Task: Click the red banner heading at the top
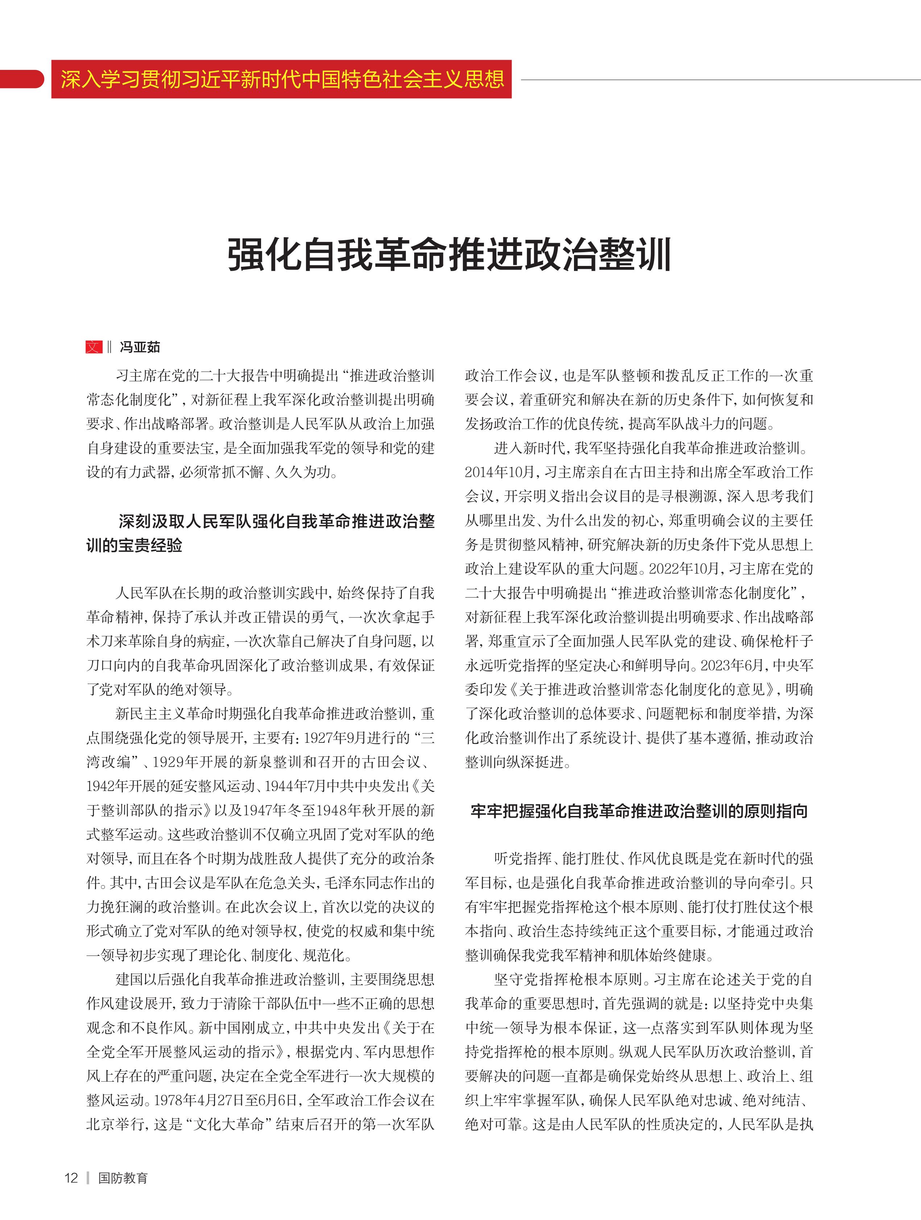point(281,79)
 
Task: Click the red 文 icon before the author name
point(94,347)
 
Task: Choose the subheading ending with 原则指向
point(639,811)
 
